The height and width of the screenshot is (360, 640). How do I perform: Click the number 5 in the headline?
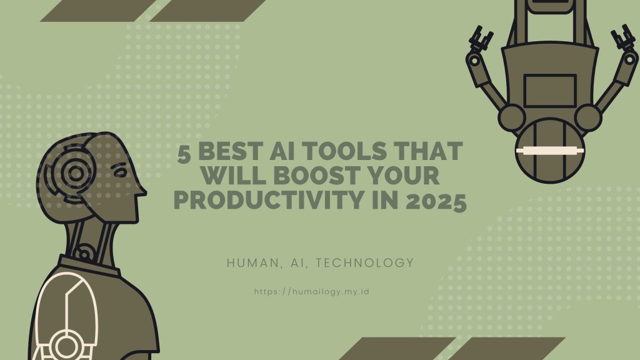(x=184, y=152)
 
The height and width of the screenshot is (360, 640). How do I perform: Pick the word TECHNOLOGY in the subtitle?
(x=366, y=263)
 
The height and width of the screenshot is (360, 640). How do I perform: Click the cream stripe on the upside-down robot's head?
(x=549, y=151)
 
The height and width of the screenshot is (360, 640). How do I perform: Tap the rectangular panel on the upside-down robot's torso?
(x=550, y=91)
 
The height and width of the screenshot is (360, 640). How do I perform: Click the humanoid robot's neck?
(x=92, y=241)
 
